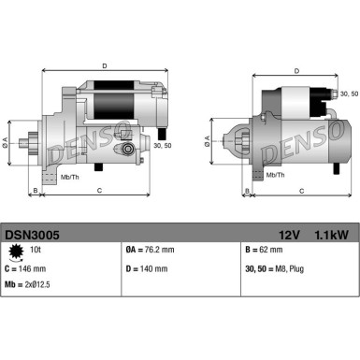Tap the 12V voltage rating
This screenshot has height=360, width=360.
[x=288, y=237]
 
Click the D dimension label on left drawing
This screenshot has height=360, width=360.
[x=104, y=65]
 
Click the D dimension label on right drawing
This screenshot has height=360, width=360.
[x=296, y=70]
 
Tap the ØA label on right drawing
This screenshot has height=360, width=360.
[x=208, y=142]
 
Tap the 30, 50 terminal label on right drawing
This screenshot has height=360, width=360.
[x=347, y=94]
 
